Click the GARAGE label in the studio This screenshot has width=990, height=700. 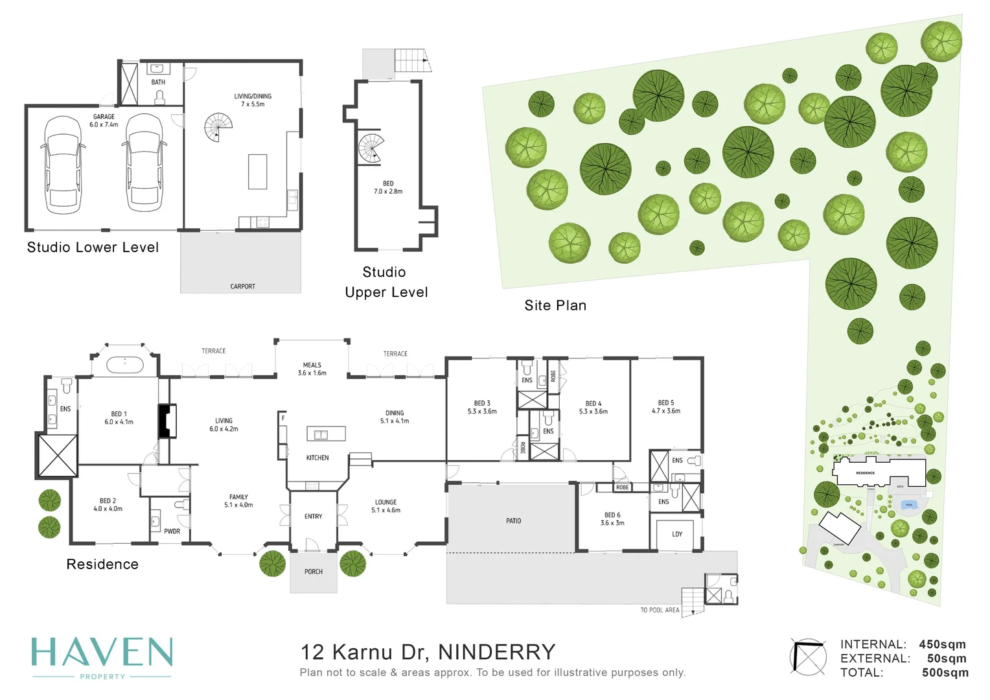104,117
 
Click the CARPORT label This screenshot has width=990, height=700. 242,286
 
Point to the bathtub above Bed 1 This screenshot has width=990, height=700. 124,364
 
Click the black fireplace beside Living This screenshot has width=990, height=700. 167,421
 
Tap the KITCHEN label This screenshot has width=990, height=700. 317,458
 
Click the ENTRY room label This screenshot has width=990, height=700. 313,517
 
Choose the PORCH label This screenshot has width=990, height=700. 314,572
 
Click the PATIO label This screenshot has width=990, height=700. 513,521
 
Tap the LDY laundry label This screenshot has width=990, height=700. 677,534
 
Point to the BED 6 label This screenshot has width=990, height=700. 612,515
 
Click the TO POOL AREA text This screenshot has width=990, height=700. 660,610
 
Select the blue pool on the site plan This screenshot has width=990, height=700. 909,505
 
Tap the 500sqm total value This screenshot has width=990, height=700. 945,673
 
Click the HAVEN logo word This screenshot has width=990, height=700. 102,653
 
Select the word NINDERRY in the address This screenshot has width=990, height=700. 497,652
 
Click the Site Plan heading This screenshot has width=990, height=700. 555,305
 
